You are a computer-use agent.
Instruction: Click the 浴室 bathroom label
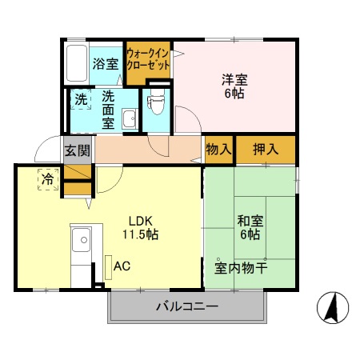[x=105, y=63]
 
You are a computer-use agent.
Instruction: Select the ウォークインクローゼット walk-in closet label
[x=147, y=60]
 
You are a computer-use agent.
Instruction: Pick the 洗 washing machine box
[x=81, y=100]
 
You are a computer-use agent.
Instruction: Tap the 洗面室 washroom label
[x=107, y=110]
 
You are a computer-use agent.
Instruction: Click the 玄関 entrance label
[x=78, y=150]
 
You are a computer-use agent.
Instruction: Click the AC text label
[x=122, y=265]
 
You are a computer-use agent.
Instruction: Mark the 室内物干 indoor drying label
[x=241, y=267]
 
